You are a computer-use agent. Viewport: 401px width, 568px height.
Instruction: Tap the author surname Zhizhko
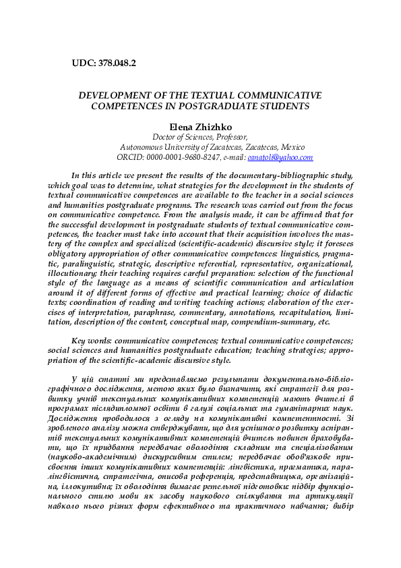(x=215, y=126)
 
